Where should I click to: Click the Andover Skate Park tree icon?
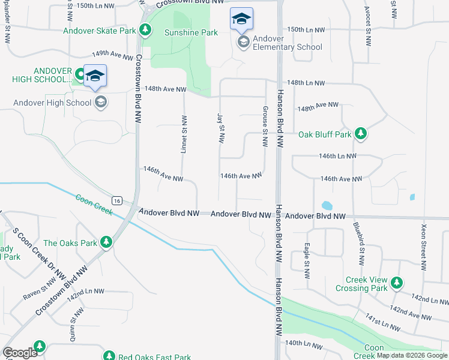click(145, 29)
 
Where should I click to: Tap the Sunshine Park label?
click(191, 32)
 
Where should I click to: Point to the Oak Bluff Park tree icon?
click(361, 134)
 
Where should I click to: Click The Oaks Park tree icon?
click(106, 242)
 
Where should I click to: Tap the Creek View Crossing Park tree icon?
click(396, 282)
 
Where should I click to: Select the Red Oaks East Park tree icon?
click(109, 356)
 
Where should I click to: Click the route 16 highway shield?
click(116, 200)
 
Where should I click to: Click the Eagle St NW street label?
click(307, 260)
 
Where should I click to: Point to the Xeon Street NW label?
click(424, 247)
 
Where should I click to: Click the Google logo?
click(20, 353)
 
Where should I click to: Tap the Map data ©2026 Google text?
click(412, 355)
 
